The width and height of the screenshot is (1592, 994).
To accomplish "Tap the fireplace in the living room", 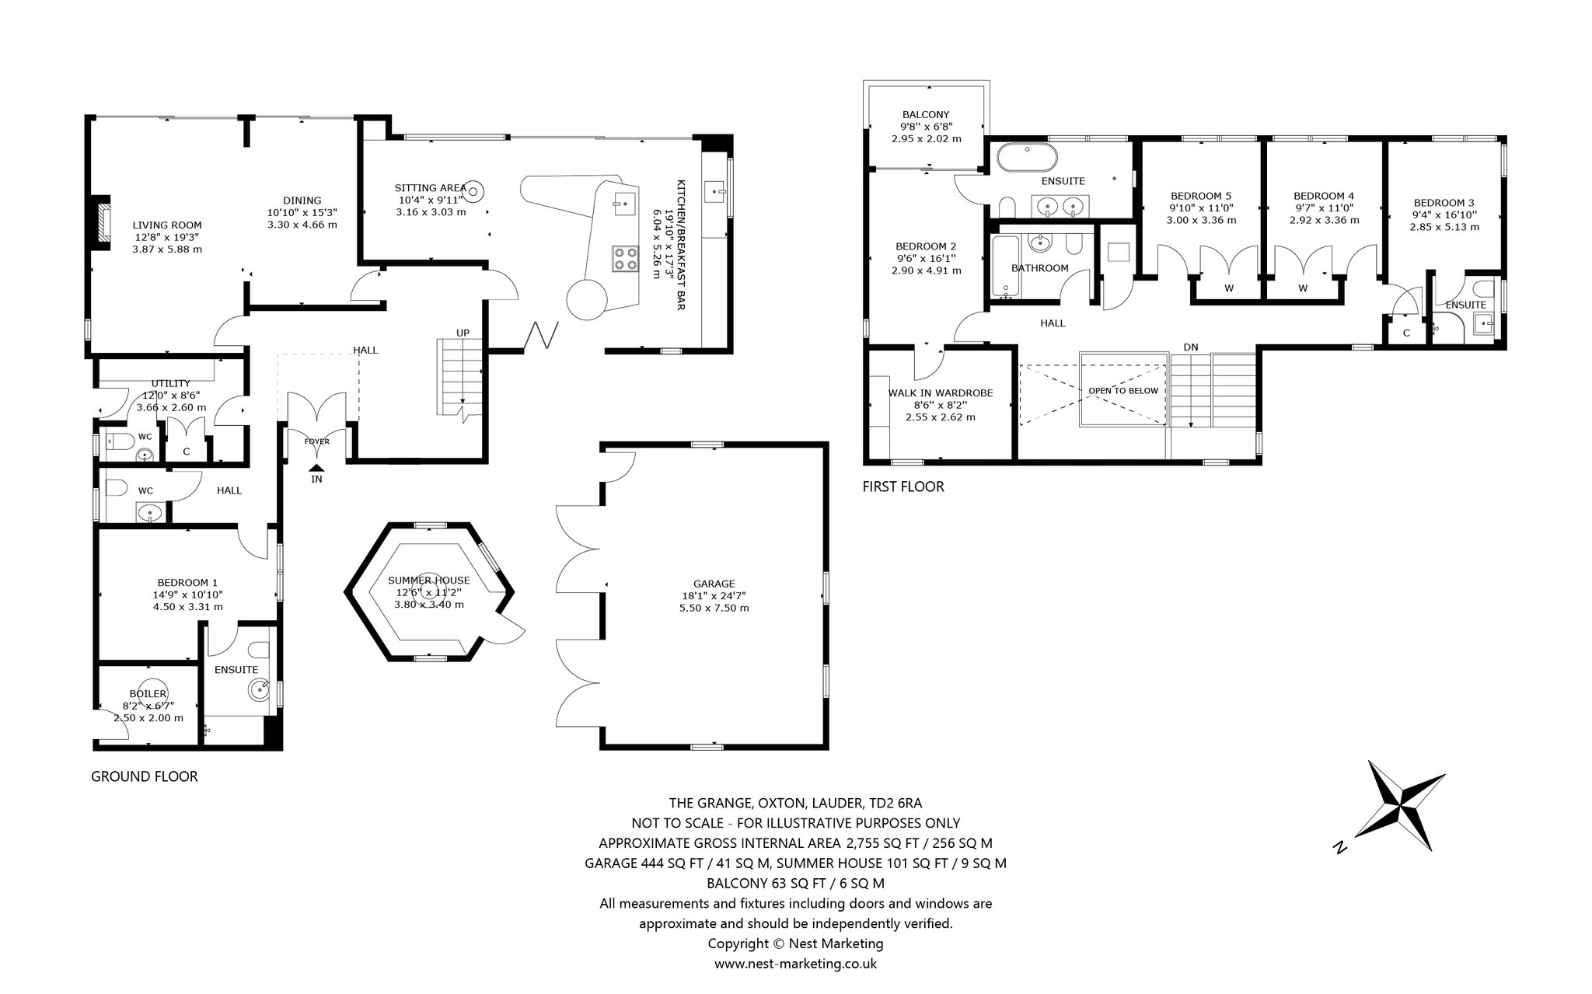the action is [x=99, y=224].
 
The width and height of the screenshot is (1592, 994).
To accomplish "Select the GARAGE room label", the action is [x=714, y=584].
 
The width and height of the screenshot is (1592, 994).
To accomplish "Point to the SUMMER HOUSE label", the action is [x=428, y=580].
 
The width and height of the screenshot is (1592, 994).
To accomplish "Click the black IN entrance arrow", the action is [x=316, y=467].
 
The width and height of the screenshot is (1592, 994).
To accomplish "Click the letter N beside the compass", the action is [x=1339, y=848].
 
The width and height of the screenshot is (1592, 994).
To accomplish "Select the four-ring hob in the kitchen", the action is [x=623, y=257].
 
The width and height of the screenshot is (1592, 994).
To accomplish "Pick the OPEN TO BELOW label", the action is [x=1122, y=391].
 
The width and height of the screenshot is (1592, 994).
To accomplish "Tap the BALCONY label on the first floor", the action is [x=926, y=114].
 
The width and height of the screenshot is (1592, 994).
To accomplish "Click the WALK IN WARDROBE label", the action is [x=941, y=392].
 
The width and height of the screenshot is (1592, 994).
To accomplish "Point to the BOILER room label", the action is [x=148, y=693].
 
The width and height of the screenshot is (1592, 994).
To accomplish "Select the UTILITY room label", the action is [x=170, y=383].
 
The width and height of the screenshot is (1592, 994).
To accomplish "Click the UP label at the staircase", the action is [x=463, y=333].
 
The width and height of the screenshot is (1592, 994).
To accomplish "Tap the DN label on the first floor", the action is [x=1190, y=347].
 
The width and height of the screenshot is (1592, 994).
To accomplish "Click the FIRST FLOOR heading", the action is [x=903, y=487].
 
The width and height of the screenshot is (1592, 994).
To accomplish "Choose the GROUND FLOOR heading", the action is [x=145, y=776].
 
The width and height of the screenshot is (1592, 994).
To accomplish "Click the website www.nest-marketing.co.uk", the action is [x=795, y=964].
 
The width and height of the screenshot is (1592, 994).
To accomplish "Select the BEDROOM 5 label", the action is [x=1200, y=196].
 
